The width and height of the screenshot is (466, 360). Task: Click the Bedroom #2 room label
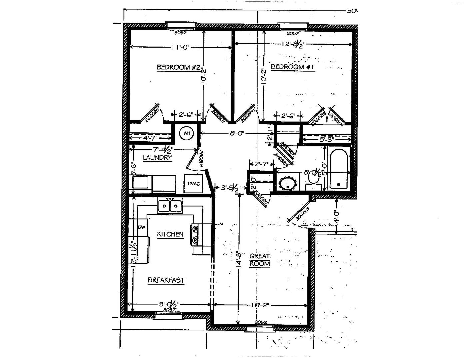tap(178, 67)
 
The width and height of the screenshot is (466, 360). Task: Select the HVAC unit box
tap(193, 184)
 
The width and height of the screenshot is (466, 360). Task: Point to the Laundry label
tap(157, 158)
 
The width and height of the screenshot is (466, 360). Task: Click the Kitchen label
tap(170, 234)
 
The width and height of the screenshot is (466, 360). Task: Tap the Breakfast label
tap(166, 280)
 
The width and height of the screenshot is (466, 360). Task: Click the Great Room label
tap(260, 260)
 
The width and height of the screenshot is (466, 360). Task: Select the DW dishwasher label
tap(142, 227)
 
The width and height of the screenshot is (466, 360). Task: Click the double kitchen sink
tap(170, 206)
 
